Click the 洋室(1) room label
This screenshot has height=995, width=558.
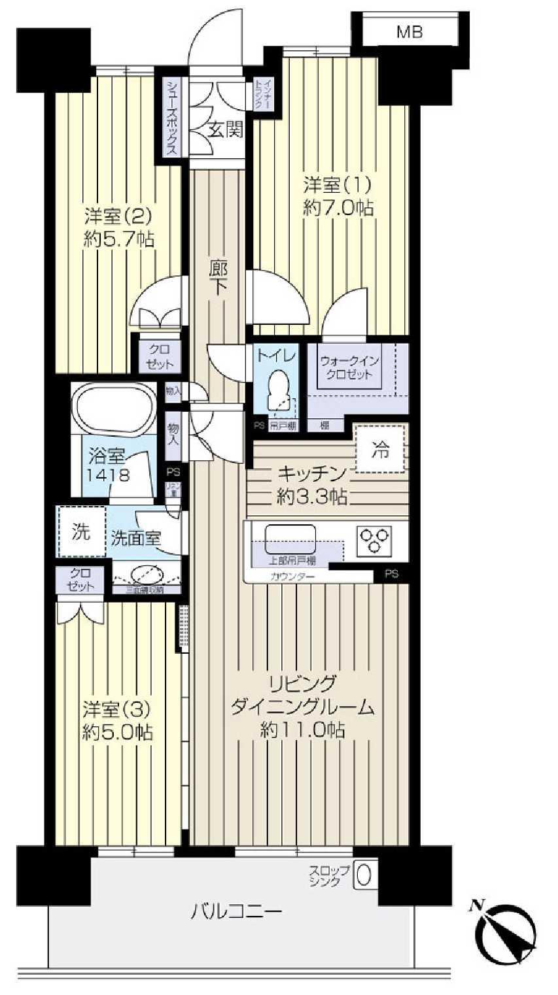[x=338, y=184]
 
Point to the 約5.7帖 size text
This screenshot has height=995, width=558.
[x=119, y=239]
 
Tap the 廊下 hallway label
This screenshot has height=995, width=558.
[x=218, y=278]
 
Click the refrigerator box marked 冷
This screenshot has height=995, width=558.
[x=380, y=448]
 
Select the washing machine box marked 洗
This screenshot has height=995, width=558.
[x=81, y=531]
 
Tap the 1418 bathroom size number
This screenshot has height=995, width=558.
[x=110, y=474]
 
